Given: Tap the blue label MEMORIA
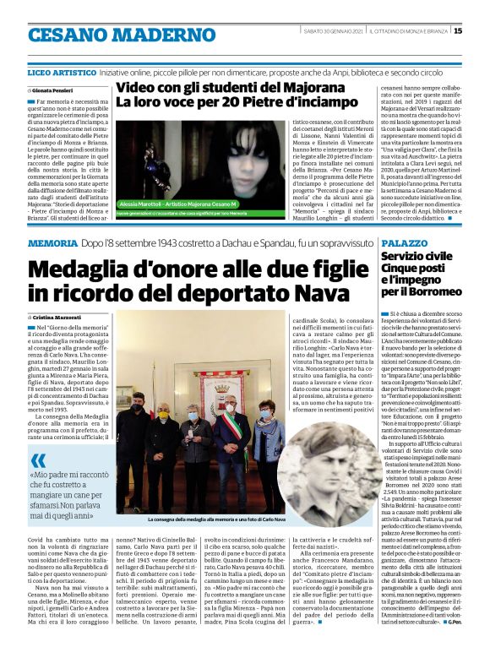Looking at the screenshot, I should [53, 244].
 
